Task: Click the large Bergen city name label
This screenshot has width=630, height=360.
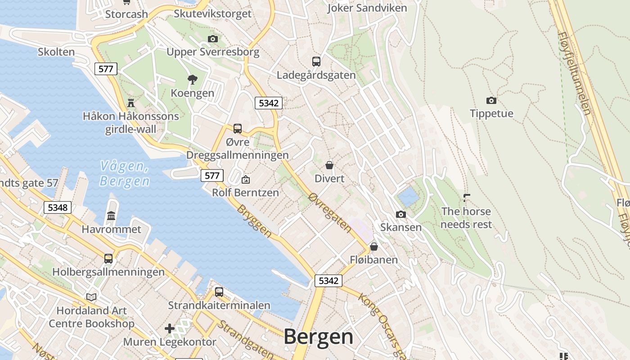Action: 318,337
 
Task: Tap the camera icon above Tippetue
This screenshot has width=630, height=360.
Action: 491,100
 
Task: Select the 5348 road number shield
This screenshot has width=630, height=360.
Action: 58,207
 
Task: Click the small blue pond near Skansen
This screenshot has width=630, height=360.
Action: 408,197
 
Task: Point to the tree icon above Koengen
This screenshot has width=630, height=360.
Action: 193,80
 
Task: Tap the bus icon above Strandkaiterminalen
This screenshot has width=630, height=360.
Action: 219,292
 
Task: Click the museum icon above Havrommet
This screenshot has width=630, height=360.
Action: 111,216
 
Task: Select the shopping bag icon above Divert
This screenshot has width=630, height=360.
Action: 329,165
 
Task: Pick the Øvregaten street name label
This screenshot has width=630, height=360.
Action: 330,213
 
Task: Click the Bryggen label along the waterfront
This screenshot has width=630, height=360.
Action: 254,221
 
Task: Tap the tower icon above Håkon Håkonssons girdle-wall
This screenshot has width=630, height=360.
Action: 131,103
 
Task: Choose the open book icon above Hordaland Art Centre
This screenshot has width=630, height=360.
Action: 91,297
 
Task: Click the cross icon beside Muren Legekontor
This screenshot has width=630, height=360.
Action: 170,328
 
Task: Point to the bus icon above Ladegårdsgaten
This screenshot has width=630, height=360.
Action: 316,62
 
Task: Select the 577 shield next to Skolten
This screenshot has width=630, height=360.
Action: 106,69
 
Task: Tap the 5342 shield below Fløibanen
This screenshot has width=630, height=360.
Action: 328,281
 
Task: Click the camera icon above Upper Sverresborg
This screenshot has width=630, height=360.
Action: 213,39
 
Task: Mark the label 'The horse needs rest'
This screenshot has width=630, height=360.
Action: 466,218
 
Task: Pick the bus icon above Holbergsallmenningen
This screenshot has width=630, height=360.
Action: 108,258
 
